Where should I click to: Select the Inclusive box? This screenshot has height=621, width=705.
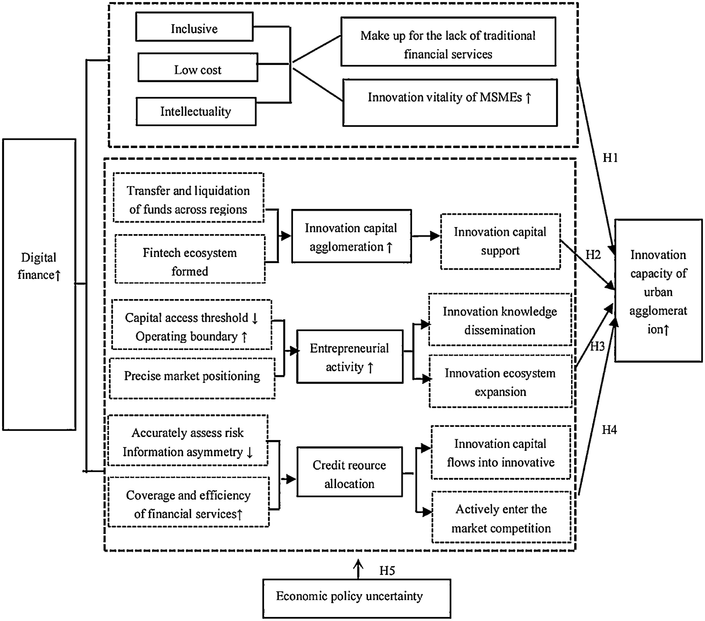(x=194, y=27)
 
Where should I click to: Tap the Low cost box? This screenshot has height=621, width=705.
(x=198, y=68)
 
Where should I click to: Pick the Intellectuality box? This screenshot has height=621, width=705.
(x=196, y=111)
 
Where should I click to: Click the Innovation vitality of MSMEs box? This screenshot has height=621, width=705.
(x=450, y=103)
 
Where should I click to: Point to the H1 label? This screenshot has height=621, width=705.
(x=610, y=158)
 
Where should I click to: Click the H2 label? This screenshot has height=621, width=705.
(x=593, y=255)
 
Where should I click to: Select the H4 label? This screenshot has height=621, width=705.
(x=609, y=430)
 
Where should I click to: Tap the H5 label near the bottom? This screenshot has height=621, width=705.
(x=387, y=571)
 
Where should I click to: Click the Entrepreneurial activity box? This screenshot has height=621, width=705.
(x=350, y=357)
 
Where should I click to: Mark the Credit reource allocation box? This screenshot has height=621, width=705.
(x=349, y=472)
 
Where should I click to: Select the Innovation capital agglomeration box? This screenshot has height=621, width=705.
(x=351, y=237)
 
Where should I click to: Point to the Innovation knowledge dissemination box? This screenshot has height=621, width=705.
(x=500, y=320)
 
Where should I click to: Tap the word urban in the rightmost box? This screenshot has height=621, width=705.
(x=658, y=292)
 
